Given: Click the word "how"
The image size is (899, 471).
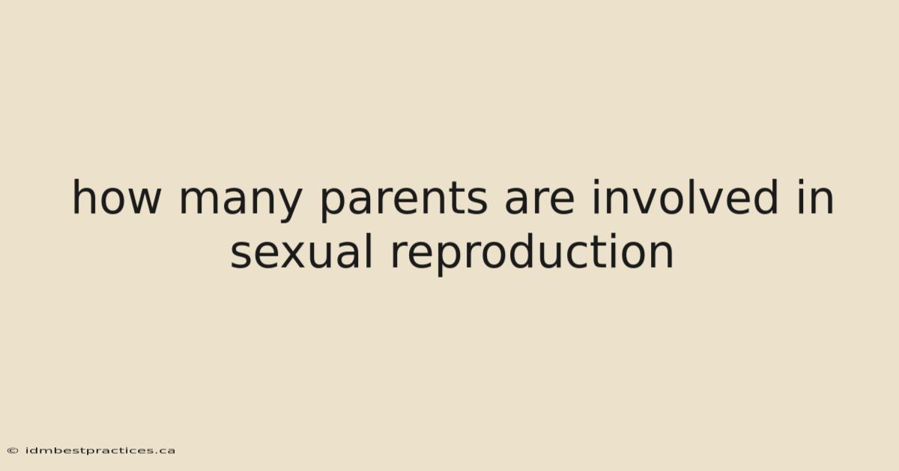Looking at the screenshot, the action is (x=117, y=197).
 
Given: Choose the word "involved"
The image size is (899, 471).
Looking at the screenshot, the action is (x=685, y=197).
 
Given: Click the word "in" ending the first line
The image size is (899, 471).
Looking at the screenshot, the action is (x=816, y=197).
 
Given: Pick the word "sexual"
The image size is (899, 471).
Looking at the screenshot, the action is (x=301, y=251).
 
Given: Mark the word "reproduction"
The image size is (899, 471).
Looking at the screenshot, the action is (x=532, y=254).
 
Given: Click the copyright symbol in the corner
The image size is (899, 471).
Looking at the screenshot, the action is (x=13, y=451).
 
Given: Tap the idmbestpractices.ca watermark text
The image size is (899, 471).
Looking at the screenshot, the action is (x=100, y=451).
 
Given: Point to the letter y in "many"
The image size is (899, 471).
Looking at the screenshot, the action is (x=288, y=204).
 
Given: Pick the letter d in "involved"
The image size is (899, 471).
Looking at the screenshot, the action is (x=766, y=197).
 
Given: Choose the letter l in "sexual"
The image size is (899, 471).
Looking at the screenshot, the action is (x=369, y=251).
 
